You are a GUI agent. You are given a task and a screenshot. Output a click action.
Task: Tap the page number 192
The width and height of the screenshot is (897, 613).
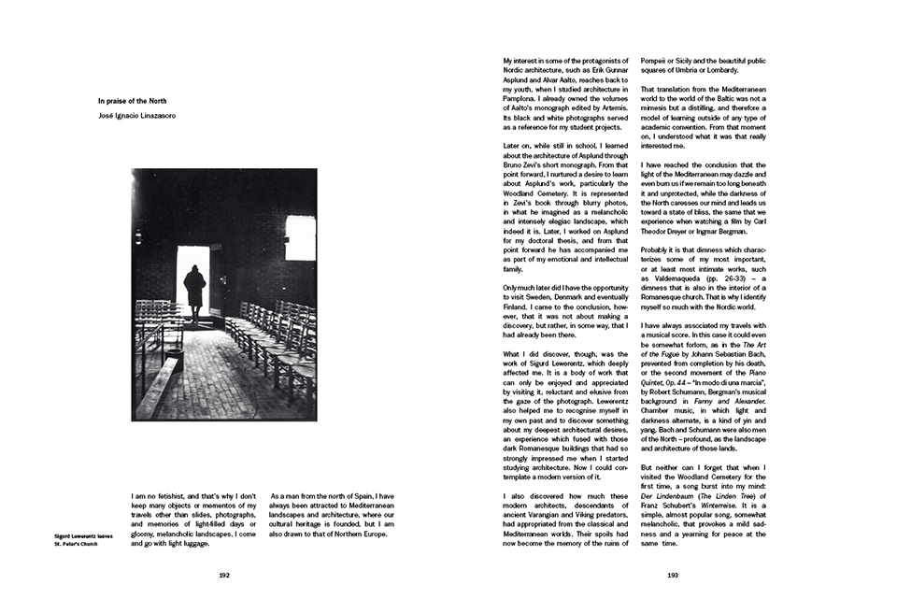click(224, 577)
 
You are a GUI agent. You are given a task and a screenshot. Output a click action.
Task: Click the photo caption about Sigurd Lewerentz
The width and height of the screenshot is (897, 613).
click(84, 537)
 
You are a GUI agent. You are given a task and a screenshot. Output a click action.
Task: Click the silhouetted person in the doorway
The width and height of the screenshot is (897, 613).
click(194, 292)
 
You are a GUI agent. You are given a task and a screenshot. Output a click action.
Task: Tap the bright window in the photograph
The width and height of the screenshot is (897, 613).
click(300, 237)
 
